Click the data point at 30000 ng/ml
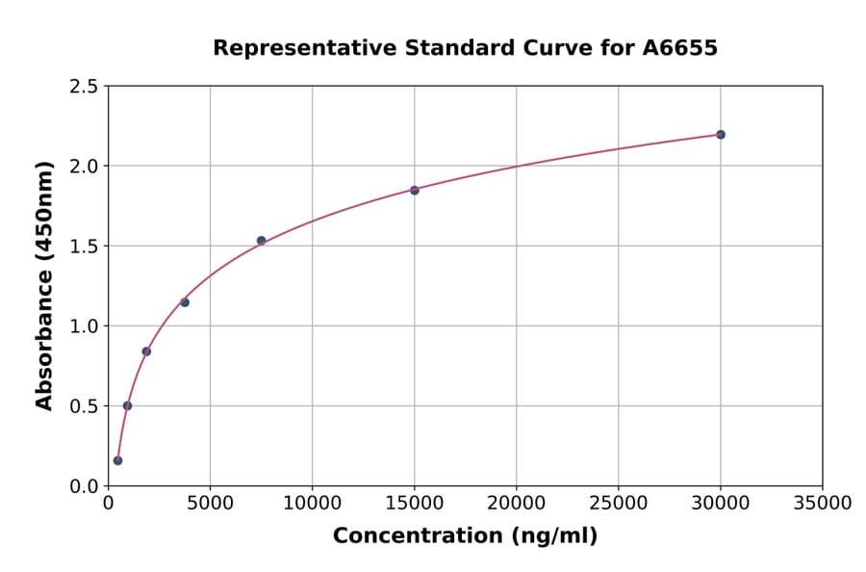[721, 135]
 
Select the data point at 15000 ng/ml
[415, 191]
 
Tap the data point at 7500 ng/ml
[261, 241]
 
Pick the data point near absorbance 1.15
[185, 302]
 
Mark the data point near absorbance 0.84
[146, 351]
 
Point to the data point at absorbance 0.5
[127, 405]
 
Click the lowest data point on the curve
[117, 460]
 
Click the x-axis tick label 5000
[210, 503]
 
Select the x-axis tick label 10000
[312, 503]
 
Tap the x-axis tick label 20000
[517, 503]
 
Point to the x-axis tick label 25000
[619, 503]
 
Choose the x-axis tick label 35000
[823, 503]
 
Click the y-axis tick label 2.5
[84, 87]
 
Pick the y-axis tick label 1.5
[84, 247]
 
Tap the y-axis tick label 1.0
[84, 326]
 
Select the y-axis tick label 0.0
[84, 486]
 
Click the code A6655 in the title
[680, 48]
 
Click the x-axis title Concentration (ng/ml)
[465, 536]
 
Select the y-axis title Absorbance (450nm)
[44, 286]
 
